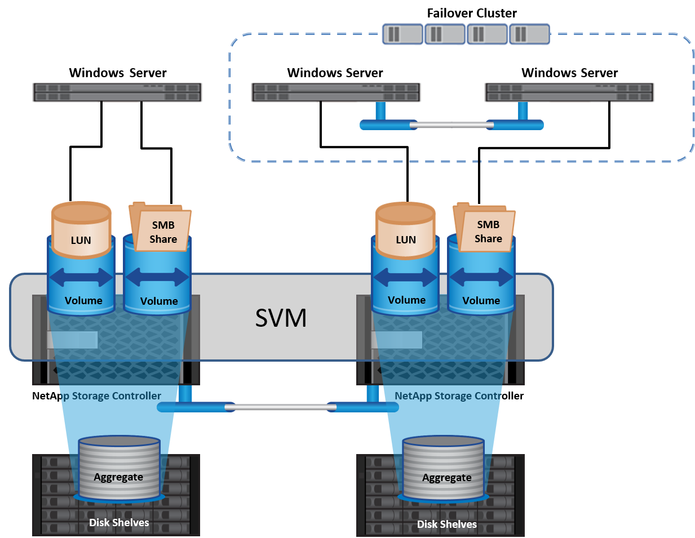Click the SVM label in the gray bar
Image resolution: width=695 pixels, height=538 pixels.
281,318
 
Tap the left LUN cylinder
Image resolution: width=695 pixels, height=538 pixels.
81,231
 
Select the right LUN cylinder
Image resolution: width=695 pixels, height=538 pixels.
405,231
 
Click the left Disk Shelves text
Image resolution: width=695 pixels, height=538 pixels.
119,523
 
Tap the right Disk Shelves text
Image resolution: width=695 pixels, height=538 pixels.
447,524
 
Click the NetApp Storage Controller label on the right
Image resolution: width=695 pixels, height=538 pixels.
448,396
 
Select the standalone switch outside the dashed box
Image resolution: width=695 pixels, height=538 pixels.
117,93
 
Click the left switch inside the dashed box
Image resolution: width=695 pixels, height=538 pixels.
336,93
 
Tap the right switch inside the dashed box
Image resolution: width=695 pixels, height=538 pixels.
569,93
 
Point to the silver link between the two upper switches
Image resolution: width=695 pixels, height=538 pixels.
451,125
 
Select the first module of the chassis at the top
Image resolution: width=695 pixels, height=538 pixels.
402,34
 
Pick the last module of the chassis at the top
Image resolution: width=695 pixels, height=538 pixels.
529,34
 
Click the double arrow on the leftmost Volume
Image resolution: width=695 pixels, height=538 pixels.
81,277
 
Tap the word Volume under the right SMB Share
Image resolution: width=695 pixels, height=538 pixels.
481,301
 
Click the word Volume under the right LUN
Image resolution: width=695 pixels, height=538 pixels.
406,300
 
